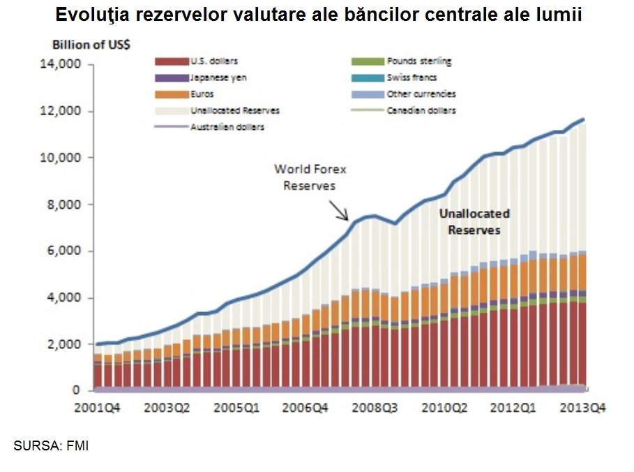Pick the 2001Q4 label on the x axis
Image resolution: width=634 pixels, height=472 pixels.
pos(98,408)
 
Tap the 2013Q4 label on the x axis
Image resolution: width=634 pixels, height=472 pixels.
pos(582,408)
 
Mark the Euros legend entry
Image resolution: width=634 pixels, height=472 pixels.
pos(202,94)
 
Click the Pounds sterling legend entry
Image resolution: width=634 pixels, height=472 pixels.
pos(418,61)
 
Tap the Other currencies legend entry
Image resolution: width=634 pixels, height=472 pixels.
pos(421,94)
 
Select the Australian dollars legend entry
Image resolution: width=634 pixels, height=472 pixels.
pos(227,127)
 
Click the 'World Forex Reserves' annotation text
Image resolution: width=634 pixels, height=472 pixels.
pos(310,177)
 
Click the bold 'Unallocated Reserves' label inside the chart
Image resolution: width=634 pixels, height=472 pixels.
pos(474,221)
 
